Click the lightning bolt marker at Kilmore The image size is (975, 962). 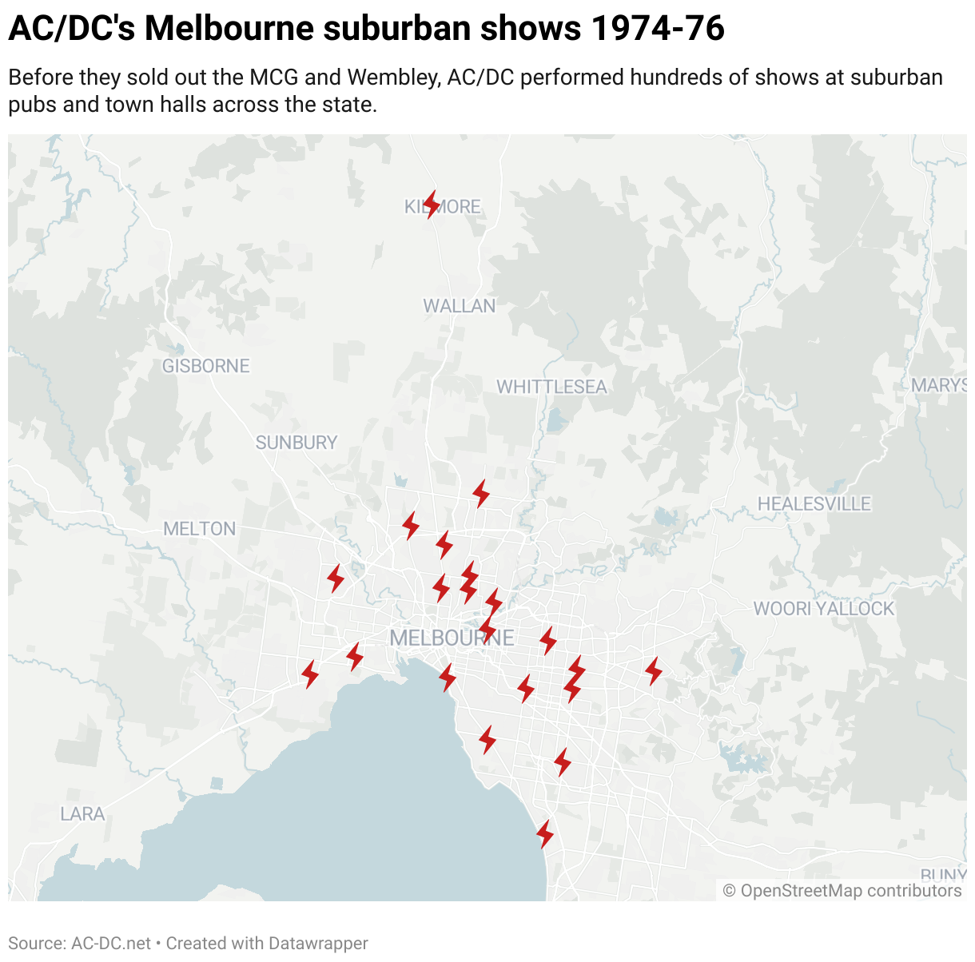click(x=432, y=205)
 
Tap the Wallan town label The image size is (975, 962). click(x=459, y=306)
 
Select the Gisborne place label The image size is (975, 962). click(x=206, y=366)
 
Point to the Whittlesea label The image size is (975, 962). click(x=551, y=387)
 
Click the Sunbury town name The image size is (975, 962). click(x=296, y=443)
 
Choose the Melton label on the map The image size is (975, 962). click(x=200, y=529)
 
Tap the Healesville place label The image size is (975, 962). click(x=814, y=504)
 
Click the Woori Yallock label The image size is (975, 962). click(x=823, y=609)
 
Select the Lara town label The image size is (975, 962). click(x=82, y=814)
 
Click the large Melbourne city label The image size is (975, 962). click(x=452, y=638)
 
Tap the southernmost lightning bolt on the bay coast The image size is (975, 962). click(x=545, y=834)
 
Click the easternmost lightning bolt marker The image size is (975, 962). click(x=654, y=670)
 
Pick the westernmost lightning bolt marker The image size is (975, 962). click(x=310, y=674)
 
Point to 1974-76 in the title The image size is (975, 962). click(x=658, y=29)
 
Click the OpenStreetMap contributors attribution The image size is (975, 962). click(x=842, y=891)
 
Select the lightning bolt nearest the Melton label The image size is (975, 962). click(x=336, y=578)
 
